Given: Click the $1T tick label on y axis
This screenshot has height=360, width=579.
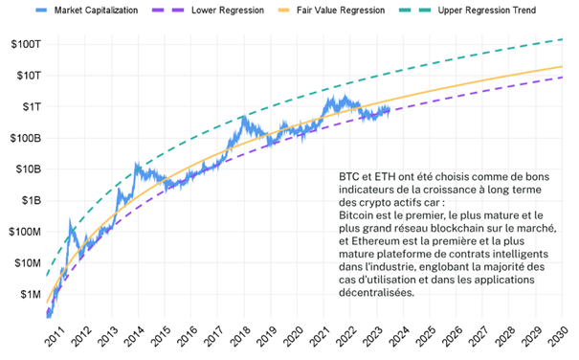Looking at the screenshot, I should click(24, 106).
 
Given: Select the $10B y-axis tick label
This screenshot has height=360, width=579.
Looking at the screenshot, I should click(22, 169).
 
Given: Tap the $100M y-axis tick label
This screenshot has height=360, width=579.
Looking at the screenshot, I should click(20, 232).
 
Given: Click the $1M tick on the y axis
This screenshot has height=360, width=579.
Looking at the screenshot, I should click(24, 295).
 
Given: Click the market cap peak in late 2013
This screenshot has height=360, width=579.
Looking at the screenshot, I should click(137, 166).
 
